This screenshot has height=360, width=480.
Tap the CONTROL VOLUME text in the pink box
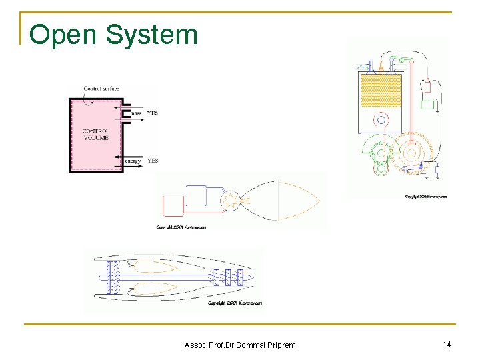coord(95,135)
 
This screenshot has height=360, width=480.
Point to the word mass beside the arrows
coord(135,113)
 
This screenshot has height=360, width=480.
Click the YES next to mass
coord(153,113)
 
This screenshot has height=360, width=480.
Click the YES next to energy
coord(153,161)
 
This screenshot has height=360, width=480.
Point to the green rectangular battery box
coord(427,105)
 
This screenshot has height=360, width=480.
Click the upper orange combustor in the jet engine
coord(155,267)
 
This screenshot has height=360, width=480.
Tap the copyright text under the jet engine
coord(235,303)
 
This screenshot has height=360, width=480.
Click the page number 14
coord(447,344)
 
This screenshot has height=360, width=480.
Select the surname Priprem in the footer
coord(275,345)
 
